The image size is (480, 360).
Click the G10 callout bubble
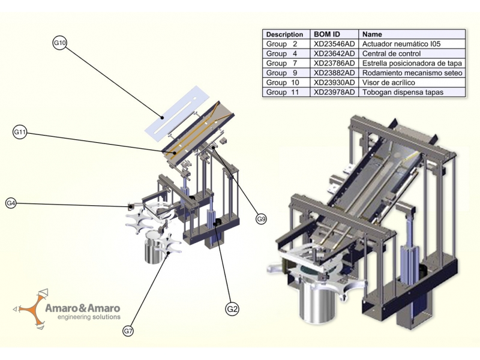pyautogui.click(x=59, y=43)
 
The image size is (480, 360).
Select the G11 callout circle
pyautogui.click(x=20, y=132)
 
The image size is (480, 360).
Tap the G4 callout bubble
pyautogui.click(x=11, y=203)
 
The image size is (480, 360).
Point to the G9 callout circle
pyautogui.click(x=261, y=219)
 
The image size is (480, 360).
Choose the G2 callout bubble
pyautogui.click(x=232, y=309)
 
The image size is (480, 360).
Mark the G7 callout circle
pyautogui.click(x=128, y=331)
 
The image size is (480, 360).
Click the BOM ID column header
pyautogui.click(x=327, y=34)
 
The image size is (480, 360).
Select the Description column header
pyautogui.click(x=284, y=34)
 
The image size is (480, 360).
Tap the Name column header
pyautogui.click(x=372, y=34)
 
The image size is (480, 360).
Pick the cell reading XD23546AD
pyautogui.click(x=334, y=44)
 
